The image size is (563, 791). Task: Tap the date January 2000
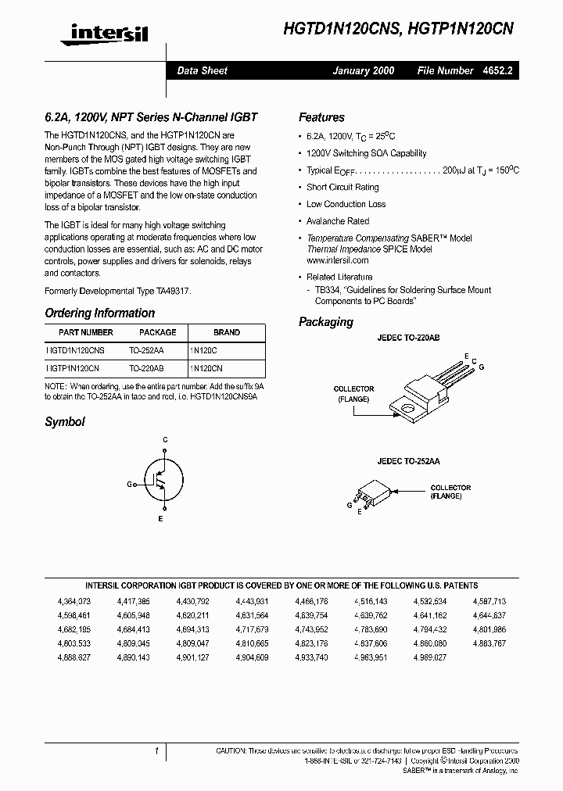(x=364, y=70)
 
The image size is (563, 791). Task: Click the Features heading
(x=321, y=118)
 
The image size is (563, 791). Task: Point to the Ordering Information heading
(x=99, y=313)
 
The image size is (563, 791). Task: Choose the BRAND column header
(x=227, y=332)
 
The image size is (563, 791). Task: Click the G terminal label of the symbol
(x=130, y=485)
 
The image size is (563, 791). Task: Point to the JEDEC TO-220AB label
(x=409, y=338)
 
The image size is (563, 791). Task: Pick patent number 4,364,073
(x=74, y=601)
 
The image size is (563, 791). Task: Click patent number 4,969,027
(x=430, y=657)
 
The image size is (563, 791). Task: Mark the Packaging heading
(x=326, y=322)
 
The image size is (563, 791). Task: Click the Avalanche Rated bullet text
(x=338, y=221)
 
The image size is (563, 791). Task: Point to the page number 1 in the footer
(x=156, y=750)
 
